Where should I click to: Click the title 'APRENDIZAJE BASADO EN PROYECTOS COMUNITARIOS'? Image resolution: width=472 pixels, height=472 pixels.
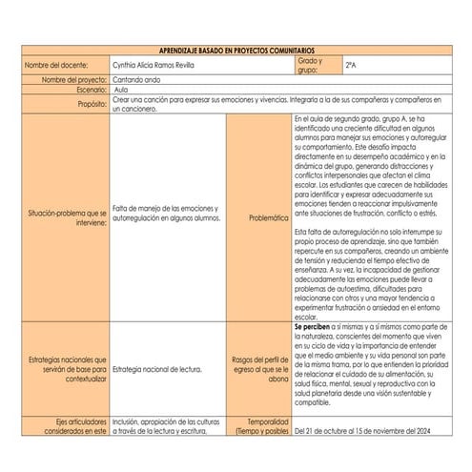tap(235, 50)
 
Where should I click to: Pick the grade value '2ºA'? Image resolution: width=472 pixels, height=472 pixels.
tap(352, 65)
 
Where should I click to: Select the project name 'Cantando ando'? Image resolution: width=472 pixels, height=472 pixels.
tap(138, 80)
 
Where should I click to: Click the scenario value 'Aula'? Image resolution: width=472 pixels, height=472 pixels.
tap(122, 90)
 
